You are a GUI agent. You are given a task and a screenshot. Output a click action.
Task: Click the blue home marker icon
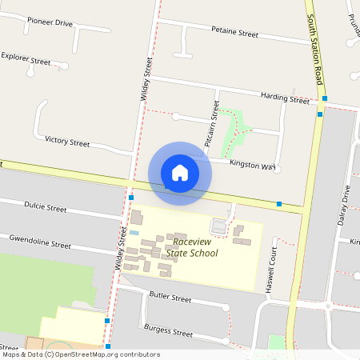(x=180, y=173)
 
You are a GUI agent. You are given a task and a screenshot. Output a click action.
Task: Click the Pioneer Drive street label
(x=50, y=23)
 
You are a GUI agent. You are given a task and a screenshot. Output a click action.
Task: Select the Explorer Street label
(x=26, y=60)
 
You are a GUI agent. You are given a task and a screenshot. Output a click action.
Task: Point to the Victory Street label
(x=67, y=142)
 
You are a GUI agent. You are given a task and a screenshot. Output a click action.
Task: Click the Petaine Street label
(x=234, y=34)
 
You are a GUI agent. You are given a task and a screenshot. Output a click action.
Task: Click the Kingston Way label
(x=252, y=166)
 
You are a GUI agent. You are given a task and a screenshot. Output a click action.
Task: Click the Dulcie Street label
(x=45, y=207)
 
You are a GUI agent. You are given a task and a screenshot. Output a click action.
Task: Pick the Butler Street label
(x=170, y=298)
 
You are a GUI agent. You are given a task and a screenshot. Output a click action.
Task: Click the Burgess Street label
(x=168, y=330)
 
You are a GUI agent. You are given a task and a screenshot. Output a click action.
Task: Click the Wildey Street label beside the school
(x=122, y=248)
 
